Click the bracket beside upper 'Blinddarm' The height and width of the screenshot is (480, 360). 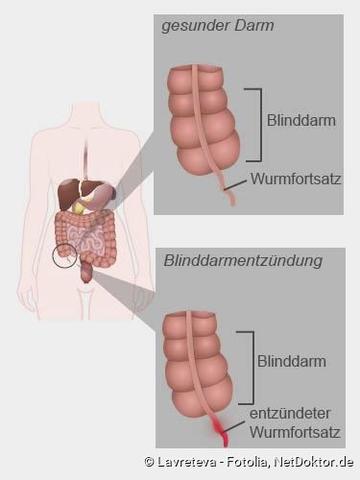pyautogui.click(x=259, y=124)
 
